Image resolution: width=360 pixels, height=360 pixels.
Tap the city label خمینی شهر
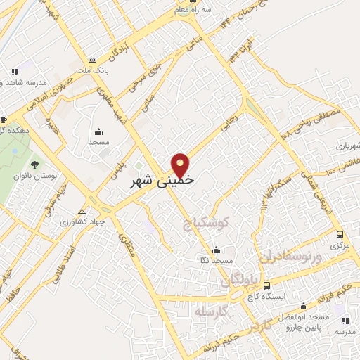pyautogui.click(x=163, y=181)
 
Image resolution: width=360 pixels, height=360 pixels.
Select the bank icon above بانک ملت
pyautogui.click(x=93, y=60)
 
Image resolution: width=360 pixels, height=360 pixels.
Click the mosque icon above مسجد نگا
pyautogui.click(x=215, y=250)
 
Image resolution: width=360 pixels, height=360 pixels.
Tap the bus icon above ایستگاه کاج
pyautogui.click(x=266, y=285)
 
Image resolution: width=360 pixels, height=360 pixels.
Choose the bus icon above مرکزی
pyautogui.click(x=340, y=235)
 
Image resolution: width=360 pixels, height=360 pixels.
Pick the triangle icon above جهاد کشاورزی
pyautogui.click(x=83, y=211)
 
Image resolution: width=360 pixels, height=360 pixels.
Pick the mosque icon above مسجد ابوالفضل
pyautogui.click(x=304, y=307)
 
